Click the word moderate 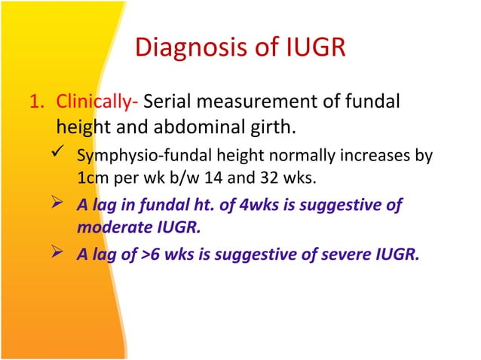110,227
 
